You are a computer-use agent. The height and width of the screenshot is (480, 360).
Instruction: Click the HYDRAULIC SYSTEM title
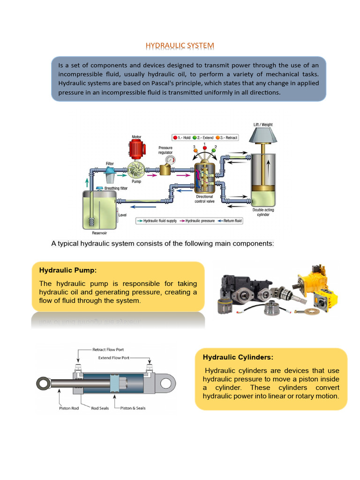coord(180,45)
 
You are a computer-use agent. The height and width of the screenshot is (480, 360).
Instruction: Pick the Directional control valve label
coord(204,199)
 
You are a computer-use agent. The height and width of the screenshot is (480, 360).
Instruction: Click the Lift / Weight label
coord(263,125)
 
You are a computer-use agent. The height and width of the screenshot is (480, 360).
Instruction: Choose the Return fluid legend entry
coord(231,221)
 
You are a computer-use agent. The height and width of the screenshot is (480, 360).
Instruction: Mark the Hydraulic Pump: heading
coord(68,270)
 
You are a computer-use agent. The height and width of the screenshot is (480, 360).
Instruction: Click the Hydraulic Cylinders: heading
coord(238,357)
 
